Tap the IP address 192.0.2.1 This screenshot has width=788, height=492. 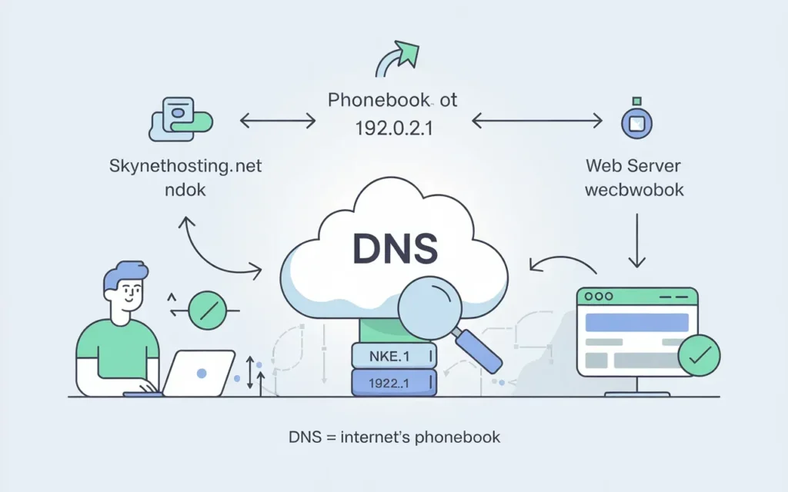coord(393,128)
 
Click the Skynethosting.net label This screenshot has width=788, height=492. coord(185,165)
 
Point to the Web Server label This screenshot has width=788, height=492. coord(633,165)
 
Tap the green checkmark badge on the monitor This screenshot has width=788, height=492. coord(699,354)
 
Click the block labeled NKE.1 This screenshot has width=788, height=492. coord(393,355)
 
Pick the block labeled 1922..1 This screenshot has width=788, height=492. coord(393,382)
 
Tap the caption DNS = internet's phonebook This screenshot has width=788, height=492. coord(394,437)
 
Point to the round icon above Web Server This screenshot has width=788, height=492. coord(636,121)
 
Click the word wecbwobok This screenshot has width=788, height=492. coord(633,189)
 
